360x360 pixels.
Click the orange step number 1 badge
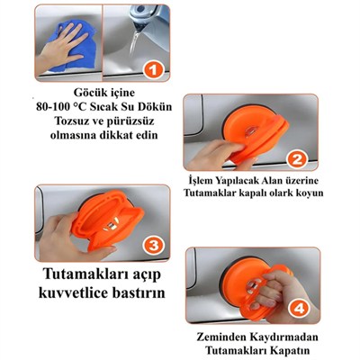[x=153, y=71]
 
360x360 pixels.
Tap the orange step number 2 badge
[x=296, y=159]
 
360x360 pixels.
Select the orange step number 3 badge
[x=154, y=246]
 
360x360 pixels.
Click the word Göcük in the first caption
[x=87, y=93]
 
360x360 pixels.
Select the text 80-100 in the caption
[x=53, y=107]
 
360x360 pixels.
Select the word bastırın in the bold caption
[x=139, y=292]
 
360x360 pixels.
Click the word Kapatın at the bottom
[x=291, y=350]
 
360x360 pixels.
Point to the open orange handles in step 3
[x=108, y=218]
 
